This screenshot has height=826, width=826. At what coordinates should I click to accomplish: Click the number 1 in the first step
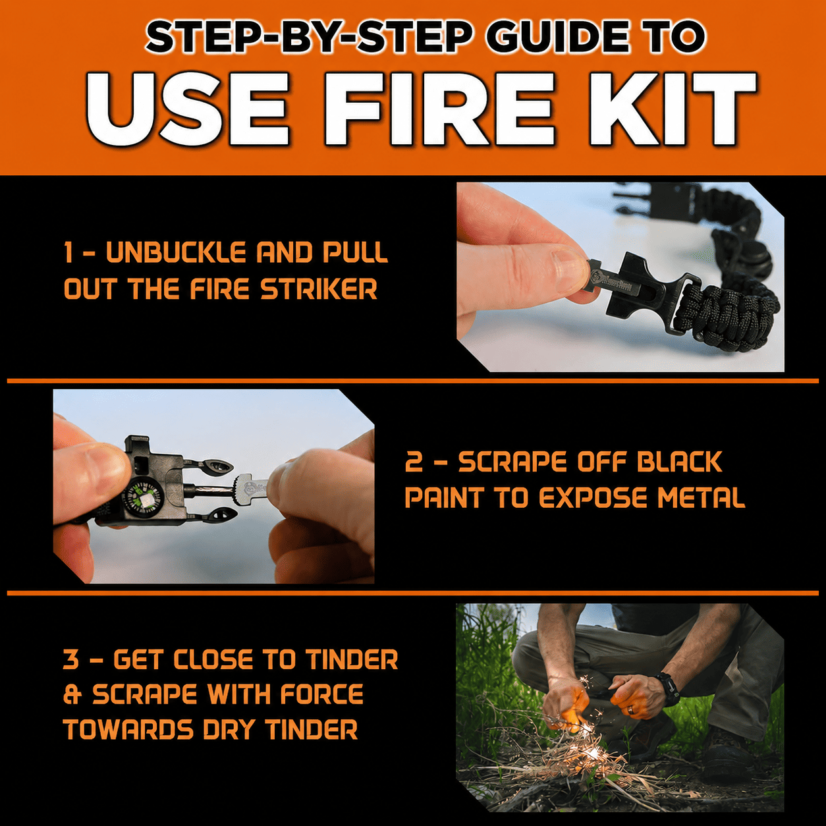click(68, 252)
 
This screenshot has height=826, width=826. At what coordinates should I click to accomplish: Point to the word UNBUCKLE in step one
click(177, 252)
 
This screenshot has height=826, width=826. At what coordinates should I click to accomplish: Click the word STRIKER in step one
click(319, 289)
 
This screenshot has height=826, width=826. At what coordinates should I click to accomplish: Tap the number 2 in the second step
click(414, 462)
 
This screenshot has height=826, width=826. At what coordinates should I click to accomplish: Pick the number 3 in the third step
click(71, 659)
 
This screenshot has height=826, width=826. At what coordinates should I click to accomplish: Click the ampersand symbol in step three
click(72, 694)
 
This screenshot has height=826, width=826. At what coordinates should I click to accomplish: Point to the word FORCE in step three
click(322, 694)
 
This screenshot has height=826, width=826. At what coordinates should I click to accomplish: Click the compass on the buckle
click(143, 498)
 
